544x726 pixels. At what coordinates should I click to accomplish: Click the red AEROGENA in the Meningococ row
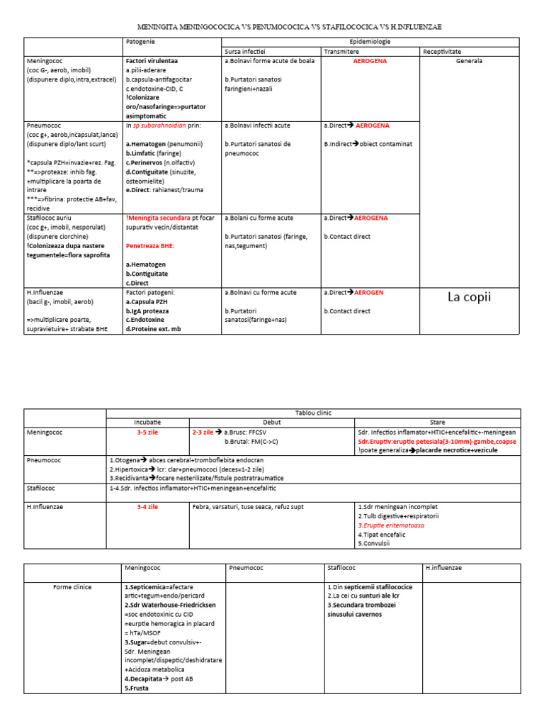tap(370, 61)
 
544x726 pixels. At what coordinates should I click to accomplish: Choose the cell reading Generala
tap(469, 61)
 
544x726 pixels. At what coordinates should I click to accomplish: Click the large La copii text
tap(469, 296)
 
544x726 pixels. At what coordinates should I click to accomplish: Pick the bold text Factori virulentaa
tap(152, 61)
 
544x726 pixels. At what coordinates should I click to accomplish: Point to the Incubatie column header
tap(147, 422)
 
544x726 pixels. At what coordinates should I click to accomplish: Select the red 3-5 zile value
tap(147, 432)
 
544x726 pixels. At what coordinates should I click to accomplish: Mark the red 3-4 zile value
tap(147, 507)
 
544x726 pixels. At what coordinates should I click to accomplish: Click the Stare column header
tap(437, 422)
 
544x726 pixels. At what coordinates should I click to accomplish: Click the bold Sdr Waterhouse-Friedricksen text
tap(170, 605)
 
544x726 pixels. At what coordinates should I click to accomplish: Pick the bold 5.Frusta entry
tap(137, 688)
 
